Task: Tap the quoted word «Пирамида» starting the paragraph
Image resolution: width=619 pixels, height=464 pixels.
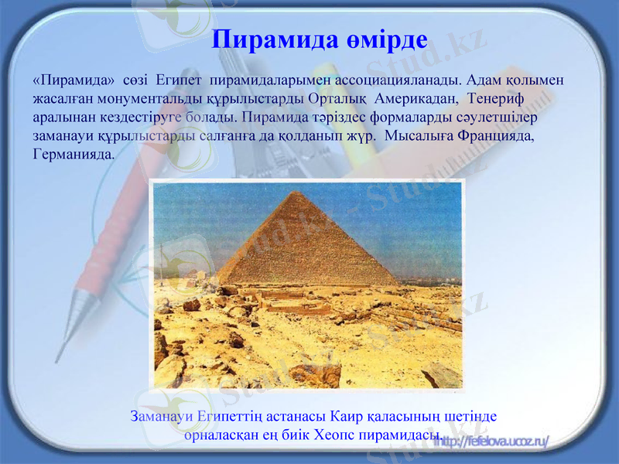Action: click(74, 80)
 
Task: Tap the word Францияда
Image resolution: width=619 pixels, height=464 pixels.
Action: click(495, 136)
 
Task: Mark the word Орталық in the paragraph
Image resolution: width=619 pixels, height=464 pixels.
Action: click(335, 99)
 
